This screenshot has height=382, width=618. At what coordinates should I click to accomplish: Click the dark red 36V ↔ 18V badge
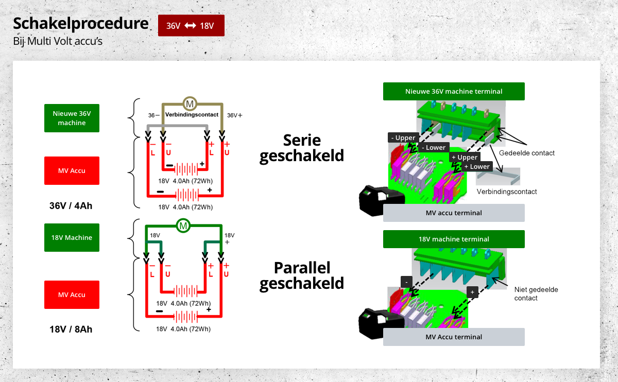191,26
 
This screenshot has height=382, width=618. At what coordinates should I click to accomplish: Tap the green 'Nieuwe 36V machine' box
72,118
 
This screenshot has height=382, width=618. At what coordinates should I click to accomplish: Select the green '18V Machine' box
72,237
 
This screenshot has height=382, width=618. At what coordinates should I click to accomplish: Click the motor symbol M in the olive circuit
190,104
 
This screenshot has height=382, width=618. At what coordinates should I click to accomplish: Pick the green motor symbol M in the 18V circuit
183,225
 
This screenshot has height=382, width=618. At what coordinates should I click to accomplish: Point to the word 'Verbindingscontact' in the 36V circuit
192,114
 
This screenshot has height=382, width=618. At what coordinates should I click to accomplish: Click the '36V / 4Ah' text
71,206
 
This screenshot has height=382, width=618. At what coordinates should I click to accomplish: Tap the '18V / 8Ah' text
71,329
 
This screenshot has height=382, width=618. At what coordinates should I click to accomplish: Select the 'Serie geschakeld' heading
302,148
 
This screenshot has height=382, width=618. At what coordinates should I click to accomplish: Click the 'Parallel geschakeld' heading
302,275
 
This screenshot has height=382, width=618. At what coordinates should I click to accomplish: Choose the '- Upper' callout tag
403,137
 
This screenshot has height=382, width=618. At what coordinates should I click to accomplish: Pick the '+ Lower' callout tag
477,167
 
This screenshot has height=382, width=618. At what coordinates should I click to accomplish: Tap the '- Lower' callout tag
434,148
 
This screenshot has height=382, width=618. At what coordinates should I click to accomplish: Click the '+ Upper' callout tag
465,157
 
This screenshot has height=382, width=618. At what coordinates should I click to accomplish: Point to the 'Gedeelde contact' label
527,153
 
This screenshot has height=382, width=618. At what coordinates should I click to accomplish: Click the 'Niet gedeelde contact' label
536,294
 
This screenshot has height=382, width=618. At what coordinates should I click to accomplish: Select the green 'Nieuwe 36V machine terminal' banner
454,91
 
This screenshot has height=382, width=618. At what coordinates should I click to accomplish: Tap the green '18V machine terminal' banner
454,239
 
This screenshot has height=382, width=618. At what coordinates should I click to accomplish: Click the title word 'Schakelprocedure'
80,24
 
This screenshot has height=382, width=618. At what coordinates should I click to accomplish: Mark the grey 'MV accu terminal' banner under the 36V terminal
454,213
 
